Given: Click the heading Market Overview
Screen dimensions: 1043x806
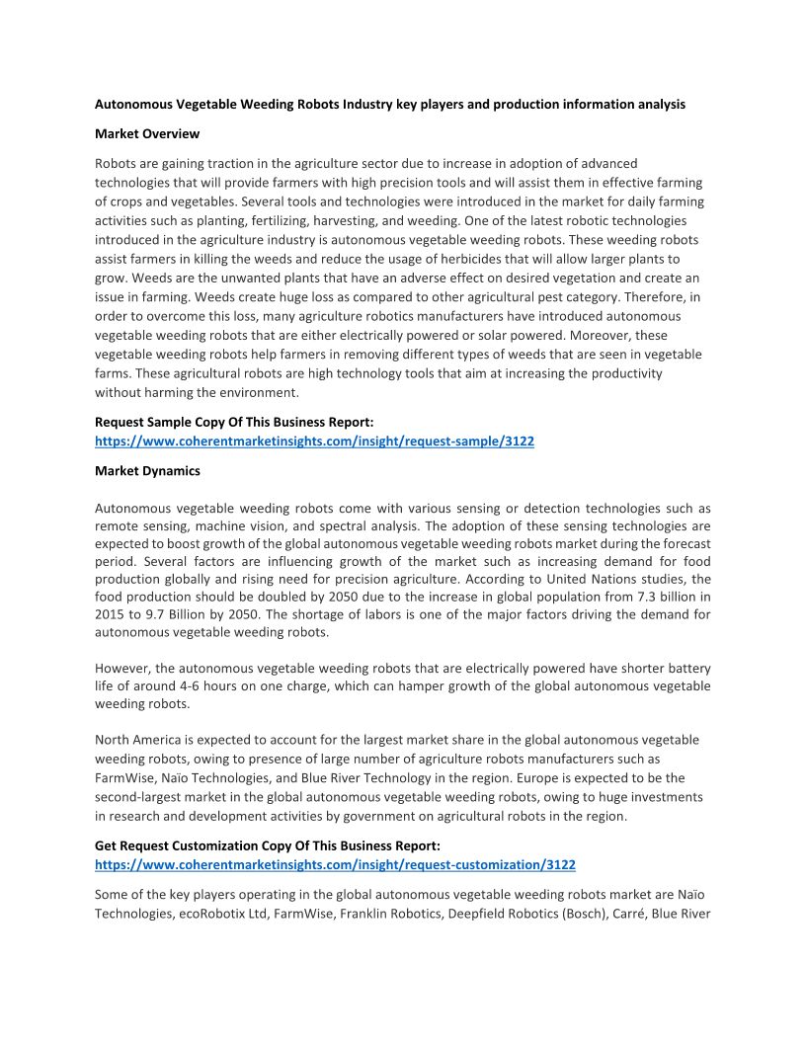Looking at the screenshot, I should coord(147,133).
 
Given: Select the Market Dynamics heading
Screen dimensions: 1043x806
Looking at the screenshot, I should coord(147,471).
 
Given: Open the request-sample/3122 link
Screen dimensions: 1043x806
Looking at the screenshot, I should coord(314,441).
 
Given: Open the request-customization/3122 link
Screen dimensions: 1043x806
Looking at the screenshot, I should coord(335,864).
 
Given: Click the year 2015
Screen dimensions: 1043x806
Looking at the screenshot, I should coord(111,614).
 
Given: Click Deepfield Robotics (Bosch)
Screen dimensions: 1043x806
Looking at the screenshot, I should coord(519,914).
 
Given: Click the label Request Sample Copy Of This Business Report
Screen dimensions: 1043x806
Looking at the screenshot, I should coord(234,422).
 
